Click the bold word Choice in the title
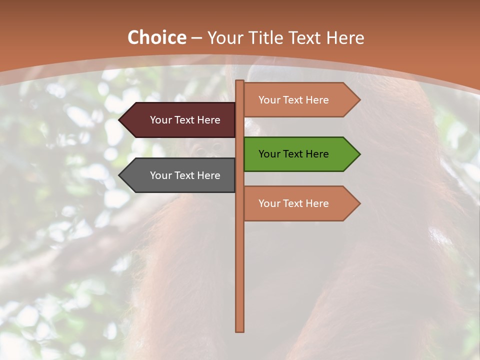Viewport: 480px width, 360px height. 156,38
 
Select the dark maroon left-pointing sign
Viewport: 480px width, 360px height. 180,120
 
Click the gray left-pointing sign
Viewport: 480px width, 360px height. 180,175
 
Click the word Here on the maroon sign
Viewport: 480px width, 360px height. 208,120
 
